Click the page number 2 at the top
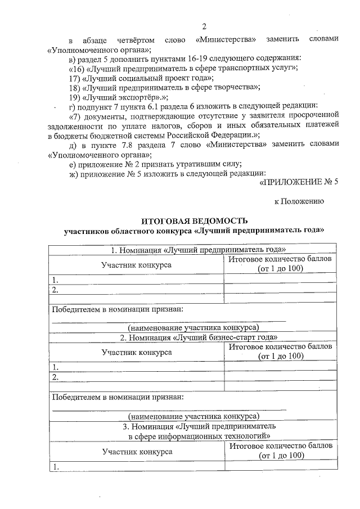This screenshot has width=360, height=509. [x=204, y=26]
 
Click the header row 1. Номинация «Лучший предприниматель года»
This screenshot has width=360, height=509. [x=194, y=249]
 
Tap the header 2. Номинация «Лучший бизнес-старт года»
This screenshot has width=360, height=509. [x=194, y=337]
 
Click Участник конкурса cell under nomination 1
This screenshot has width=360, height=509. [x=136, y=264]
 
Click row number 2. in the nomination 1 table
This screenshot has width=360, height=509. [x=55, y=290]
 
